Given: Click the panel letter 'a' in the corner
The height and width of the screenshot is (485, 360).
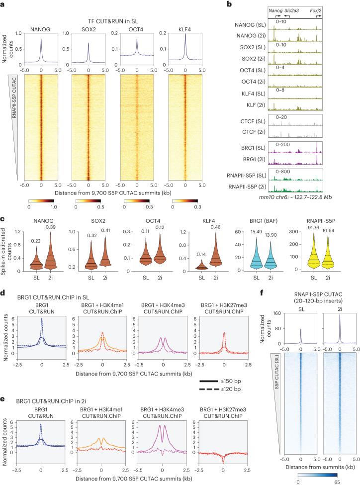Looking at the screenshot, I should [x=3, y=4].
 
